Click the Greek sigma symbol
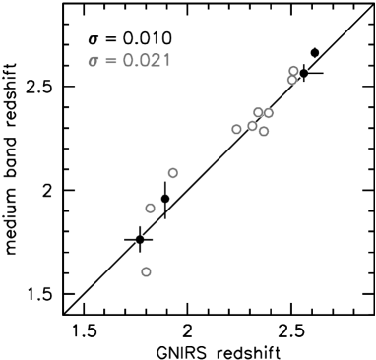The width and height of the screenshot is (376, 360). tap(94, 61)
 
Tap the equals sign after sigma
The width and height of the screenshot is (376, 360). tap(111, 61)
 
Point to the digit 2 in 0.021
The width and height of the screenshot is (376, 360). tap(153, 61)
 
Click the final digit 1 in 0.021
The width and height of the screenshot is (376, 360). tap(165, 61)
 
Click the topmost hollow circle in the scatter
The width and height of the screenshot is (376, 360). tap(314, 53)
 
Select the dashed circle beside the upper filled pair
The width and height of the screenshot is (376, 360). tap(303, 73)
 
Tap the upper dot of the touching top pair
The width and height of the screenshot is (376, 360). tap(293, 71)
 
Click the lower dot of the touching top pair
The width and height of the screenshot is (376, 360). tap(292, 80)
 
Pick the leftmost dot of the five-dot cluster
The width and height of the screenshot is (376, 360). tap(236, 129)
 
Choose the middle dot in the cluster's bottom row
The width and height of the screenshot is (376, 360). tap(252, 126)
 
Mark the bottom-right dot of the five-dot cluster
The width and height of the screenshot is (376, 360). tap(264, 131)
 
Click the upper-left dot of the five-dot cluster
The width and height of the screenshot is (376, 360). tap(258, 112)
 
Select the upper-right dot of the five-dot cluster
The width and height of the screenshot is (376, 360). tap(268, 113)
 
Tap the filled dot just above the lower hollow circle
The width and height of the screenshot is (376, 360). tap(173, 173)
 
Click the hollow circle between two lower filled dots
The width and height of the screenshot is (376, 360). tap(165, 199)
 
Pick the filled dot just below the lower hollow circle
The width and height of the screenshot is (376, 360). tap(150, 208)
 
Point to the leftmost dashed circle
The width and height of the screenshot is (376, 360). tap(140, 239)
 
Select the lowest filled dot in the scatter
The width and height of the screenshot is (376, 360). tap(146, 271)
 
